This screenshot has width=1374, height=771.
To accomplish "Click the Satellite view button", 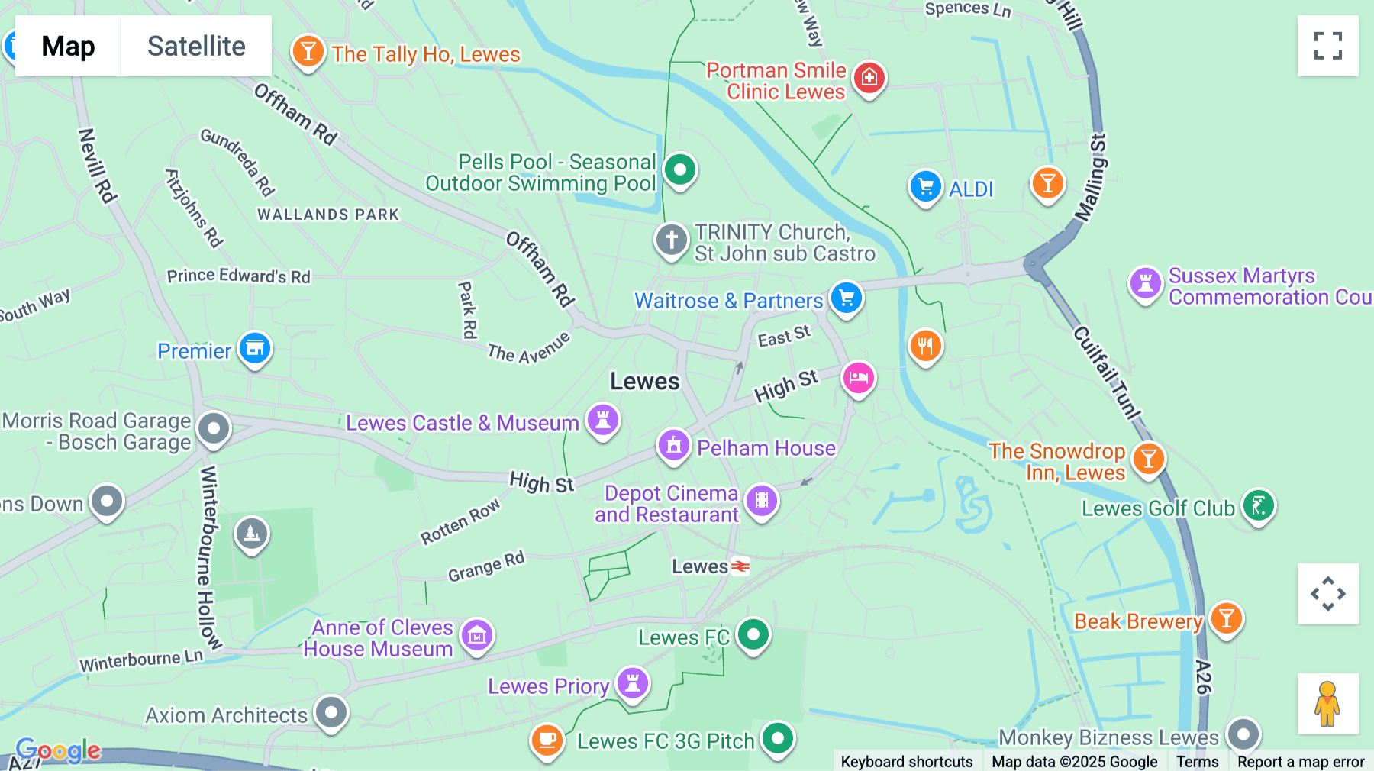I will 196,46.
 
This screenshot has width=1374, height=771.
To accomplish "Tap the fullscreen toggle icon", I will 1327,46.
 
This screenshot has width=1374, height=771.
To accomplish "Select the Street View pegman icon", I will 1327,703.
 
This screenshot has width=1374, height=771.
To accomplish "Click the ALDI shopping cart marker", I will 925,186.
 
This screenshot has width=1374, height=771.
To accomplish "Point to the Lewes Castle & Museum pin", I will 603,420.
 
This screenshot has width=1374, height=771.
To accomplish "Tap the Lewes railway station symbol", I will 740,566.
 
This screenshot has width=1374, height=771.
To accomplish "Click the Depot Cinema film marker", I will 761,501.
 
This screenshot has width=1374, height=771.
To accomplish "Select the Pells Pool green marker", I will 679,169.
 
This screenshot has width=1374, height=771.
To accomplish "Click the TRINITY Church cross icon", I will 672,240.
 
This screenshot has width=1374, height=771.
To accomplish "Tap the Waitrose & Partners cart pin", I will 847,298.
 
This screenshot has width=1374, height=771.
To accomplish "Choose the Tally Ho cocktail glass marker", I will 308,52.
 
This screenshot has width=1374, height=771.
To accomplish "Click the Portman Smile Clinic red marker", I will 869,77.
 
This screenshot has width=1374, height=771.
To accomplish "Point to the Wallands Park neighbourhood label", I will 328,215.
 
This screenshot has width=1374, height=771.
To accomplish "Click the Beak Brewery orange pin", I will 1226,618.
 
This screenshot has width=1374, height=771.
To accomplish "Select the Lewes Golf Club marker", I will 1259,505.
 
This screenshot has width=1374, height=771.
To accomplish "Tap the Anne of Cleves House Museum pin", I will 477,634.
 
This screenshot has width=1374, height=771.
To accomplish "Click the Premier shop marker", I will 255,348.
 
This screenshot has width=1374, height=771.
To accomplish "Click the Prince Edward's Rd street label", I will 239,276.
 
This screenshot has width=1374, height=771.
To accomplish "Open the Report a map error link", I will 1301,761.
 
